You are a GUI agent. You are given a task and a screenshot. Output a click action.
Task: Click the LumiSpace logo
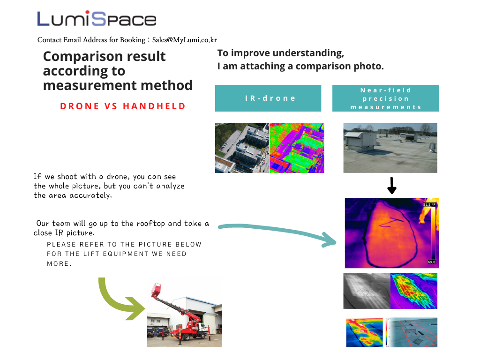97,19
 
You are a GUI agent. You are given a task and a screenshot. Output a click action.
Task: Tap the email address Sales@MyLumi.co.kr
185,40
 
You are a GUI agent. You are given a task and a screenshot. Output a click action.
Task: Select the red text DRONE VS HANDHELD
123,106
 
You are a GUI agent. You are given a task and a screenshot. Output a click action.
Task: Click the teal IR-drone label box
268,98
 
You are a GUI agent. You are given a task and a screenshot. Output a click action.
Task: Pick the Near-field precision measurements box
385,98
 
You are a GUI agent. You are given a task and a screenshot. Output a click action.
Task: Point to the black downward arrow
392,186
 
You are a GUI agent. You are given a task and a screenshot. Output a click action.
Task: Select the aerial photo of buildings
242,148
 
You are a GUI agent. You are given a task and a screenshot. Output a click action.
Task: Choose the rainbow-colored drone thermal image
297,148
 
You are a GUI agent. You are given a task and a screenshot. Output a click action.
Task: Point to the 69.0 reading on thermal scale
432,262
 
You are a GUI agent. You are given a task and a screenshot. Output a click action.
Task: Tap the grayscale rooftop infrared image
367,291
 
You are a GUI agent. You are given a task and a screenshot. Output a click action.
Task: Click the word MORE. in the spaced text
59,263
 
